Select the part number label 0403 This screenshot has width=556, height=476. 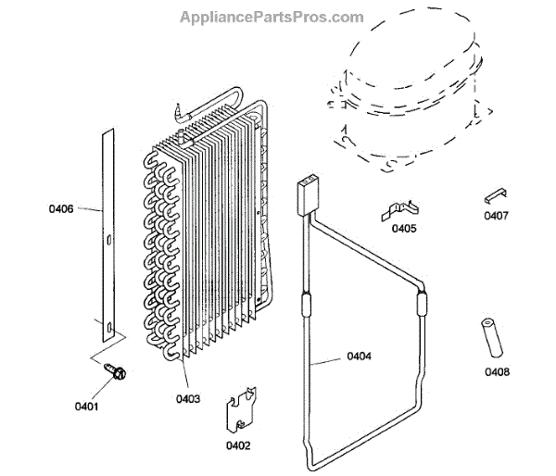188,399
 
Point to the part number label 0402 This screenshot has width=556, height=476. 237,445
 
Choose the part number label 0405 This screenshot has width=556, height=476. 404,228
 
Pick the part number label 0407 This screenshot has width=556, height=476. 496,217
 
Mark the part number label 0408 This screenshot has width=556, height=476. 496,373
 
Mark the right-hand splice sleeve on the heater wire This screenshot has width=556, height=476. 423,303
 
